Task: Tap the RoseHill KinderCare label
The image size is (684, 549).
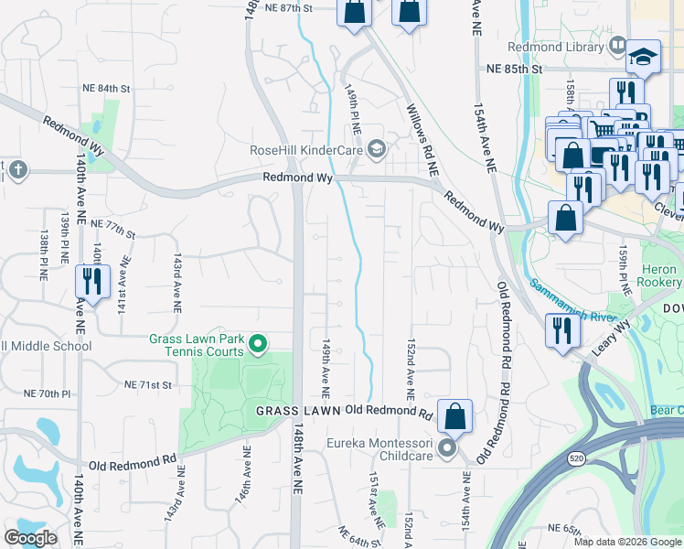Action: point(307,150)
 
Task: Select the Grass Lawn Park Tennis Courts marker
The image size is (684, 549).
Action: point(258,345)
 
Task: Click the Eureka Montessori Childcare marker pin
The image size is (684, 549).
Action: point(446,448)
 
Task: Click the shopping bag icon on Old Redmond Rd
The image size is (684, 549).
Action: point(454,416)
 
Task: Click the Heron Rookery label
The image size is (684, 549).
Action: point(659,276)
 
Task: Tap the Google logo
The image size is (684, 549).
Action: point(30,538)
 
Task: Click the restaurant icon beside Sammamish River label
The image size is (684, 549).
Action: point(559,330)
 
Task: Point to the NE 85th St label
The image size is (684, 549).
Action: point(515,69)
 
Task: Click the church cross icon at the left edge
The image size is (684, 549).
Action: point(17,169)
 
